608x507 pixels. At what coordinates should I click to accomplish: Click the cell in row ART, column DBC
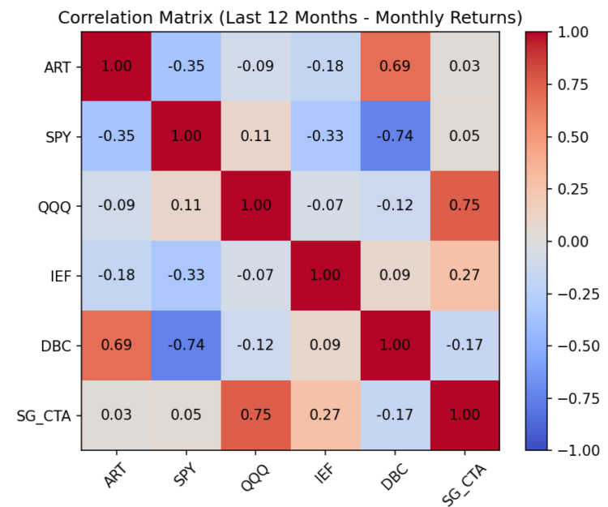pyautogui.click(x=395, y=67)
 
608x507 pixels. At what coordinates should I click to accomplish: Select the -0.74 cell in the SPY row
pyautogui.click(x=395, y=136)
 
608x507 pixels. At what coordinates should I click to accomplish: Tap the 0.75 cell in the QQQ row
pyautogui.click(x=465, y=206)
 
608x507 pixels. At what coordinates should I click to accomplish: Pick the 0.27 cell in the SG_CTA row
pyautogui.click(x=325, y=415)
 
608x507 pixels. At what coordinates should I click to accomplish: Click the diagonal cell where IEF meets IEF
pyautogui.click(x=325, y=276)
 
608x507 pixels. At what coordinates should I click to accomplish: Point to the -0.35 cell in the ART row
pyautogui.click(x=186, y=67)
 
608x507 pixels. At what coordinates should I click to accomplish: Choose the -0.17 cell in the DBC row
pyautogui.click(x=465, y=346)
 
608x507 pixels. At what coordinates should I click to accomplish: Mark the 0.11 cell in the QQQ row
pyautogui.click(x=186, y=206)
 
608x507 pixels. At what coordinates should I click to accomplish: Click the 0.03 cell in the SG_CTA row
pyautogui.click(x=116, y=415)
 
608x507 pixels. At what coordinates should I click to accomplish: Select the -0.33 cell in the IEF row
pyautogui.click(x=186, y=276)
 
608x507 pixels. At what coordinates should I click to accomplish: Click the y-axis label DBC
pyautogui.click(x=58, y=346)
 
